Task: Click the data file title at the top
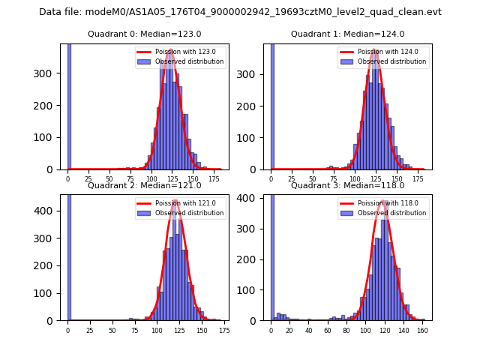pyautogui.click(x=240, y=12)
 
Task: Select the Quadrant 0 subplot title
pyautogui.click(x=144, y=34)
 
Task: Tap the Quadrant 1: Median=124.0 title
pyautogui.click(x=347, y=34)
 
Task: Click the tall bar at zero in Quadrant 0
pyautogui.click(x=68, y=105)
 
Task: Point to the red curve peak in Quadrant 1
pyautogui.click(x=375, y=50)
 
